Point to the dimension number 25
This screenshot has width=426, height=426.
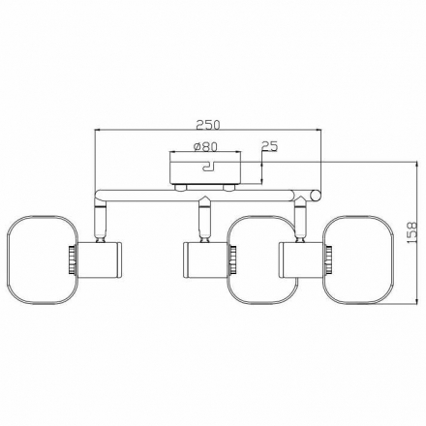point(269,147)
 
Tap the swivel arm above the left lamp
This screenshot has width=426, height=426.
point(99,220)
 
